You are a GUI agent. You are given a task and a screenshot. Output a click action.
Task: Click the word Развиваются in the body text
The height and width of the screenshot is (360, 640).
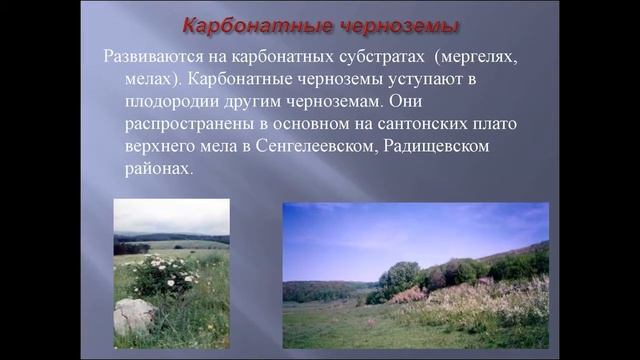coord(154,56)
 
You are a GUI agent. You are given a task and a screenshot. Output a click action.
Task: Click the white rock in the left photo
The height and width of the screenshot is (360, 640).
coord(134,315)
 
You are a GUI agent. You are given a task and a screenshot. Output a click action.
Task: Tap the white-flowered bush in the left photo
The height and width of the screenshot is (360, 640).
coord(165,275)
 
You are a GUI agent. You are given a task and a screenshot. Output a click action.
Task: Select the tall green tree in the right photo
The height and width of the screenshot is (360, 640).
coord(400,277)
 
